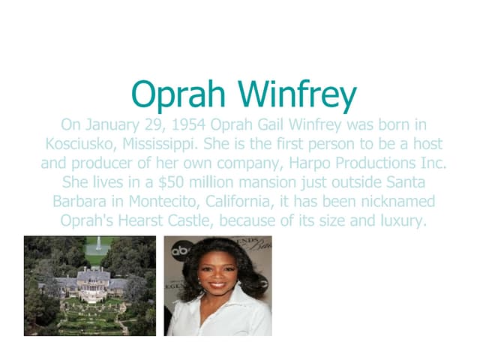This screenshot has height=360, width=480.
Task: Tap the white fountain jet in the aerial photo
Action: (x=96, y=245)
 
